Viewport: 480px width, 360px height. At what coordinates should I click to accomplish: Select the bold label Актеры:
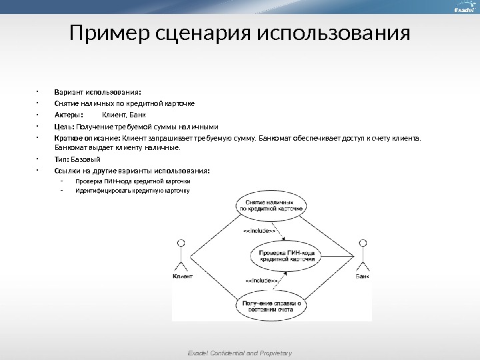tap(68, 115)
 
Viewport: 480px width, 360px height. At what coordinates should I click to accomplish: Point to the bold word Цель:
tap(64, 126)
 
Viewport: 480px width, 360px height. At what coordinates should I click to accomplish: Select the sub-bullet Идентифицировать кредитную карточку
tap(133, 190)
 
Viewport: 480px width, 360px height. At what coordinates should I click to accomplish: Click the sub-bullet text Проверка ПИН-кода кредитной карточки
tap(133, 181)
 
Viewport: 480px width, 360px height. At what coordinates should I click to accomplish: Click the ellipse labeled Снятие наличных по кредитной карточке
tap(271, 205)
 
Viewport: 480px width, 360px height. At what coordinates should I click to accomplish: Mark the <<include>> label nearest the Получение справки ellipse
tap(262, 281)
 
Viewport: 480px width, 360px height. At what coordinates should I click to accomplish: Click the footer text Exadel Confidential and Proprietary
tap(239, 353)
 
